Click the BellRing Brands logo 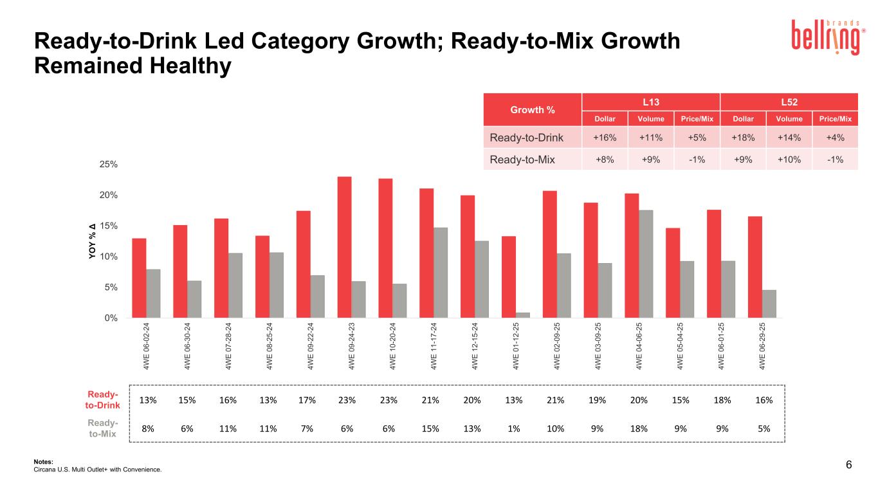(827, 37)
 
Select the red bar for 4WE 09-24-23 (344, 247)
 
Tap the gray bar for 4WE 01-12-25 (523, 315)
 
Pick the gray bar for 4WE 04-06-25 (646, 264)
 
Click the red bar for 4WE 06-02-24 (139, 278)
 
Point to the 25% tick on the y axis (145, 164)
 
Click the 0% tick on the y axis (147, 318)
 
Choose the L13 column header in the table (650, 102)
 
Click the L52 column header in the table (789, 102)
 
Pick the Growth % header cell (532, 109)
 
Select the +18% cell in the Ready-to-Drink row (743, 137)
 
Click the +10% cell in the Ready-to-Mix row (789, 160)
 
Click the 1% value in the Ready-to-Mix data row (514, 428)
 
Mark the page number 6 (849, 465)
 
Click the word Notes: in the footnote (43, 461)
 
